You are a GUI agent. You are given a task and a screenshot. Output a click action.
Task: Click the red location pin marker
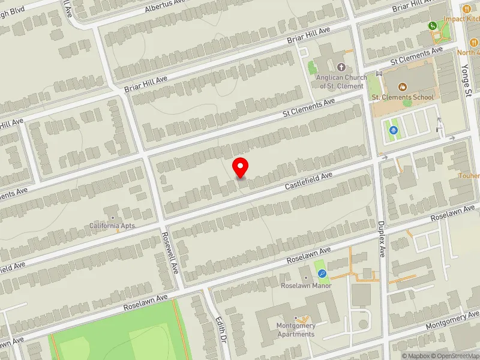[x=241, y=167]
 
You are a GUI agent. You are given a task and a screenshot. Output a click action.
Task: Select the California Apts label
[x=113, y=226]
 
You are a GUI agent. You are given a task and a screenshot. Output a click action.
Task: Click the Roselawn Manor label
[x=306, y=286]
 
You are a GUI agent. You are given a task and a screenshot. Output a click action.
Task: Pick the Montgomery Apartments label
[x=296, y=329]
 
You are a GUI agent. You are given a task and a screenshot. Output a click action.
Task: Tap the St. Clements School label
[x=402, y=97]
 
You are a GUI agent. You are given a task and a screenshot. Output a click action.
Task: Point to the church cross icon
[x=341, y=68]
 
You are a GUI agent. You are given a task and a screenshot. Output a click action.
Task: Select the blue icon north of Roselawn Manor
[x=322, y=274]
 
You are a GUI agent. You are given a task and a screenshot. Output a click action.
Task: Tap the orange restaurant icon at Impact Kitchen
[x=467, y=9]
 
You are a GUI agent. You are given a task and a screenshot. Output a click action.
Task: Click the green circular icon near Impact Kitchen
[x=432, y=26]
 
